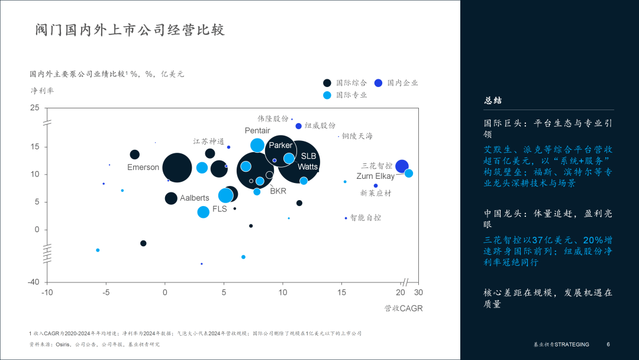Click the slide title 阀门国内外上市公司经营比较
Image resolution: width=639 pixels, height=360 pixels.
[x=130, y=30]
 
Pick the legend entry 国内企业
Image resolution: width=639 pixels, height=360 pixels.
[x=403, y=83]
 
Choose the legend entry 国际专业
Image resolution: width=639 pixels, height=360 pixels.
[x=351, y=95]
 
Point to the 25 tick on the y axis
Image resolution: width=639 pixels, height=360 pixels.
[x=35, y=108]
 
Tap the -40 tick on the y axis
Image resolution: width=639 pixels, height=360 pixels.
[x=33, y=282]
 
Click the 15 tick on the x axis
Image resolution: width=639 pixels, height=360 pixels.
[x=342, y=292]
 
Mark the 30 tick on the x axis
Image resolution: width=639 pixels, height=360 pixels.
[x=418, y=292]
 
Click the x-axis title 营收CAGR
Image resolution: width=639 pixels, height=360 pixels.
[x=404, y=308]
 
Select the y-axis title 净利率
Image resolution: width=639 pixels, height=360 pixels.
[x=42, y=91]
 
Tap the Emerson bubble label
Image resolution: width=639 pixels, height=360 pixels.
[x=143, y=168]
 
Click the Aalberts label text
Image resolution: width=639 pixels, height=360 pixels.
[x=195, y=198]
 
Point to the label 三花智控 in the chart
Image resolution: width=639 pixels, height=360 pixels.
[x=377, y=166]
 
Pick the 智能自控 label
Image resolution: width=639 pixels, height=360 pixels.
[x=366, y=218]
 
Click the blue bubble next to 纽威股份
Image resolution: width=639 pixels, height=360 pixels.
[x=299, y=126]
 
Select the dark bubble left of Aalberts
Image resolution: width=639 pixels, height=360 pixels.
[x=171, y=198]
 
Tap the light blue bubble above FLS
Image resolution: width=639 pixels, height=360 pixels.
[x=225, y=195]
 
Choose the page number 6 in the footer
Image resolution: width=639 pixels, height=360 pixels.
[x=608, y=345]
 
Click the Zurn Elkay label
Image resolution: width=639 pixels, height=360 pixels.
[x=375, y=176]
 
